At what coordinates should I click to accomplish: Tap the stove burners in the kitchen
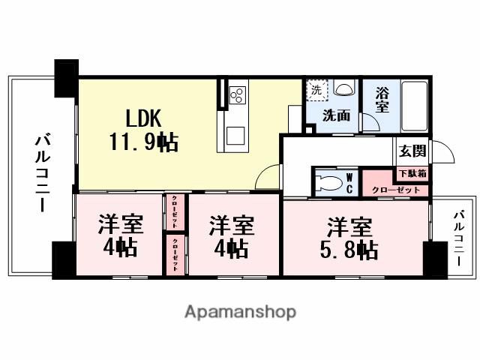[238, 94]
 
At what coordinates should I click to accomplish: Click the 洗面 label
[336, 116]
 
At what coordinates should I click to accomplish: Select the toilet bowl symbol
[328, 184]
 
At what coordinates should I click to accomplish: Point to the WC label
[349, 183]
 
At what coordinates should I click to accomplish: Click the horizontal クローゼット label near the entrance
[395, 190]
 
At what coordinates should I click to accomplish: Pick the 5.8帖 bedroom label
[350, 238]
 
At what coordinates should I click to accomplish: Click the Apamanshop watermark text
[240, 311]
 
